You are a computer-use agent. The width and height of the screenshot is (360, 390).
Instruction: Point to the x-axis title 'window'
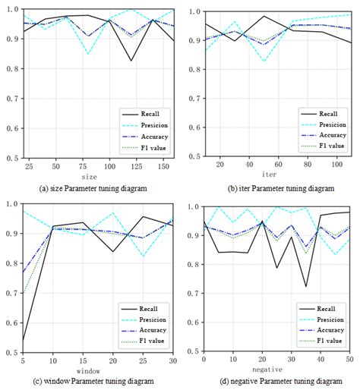pos(88,370)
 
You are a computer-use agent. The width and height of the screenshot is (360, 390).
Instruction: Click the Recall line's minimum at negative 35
pos(306,286)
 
